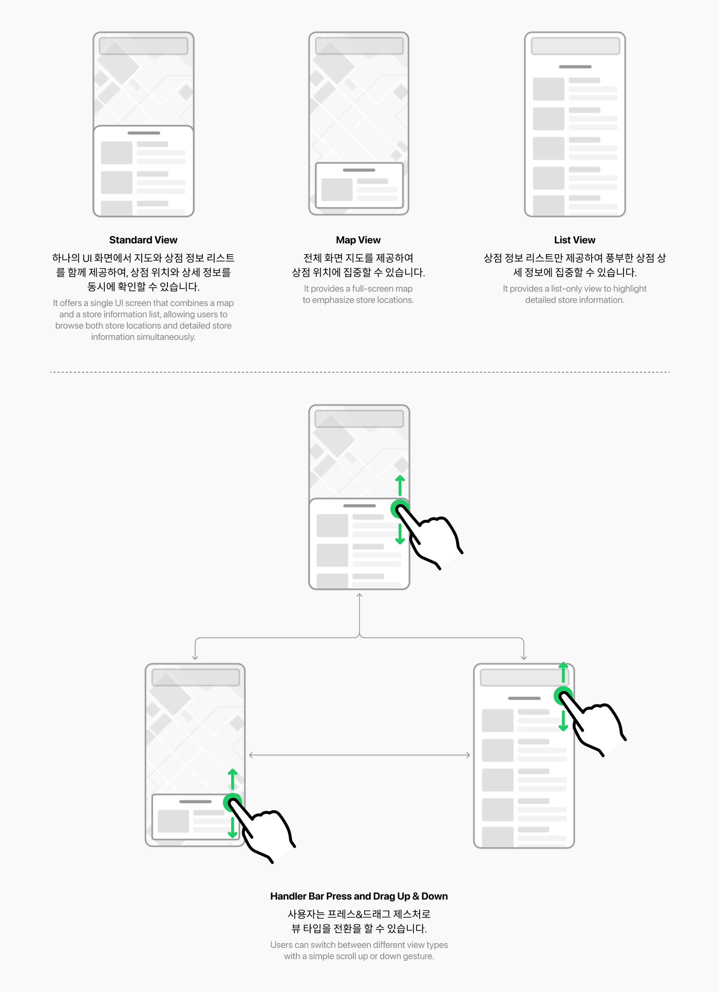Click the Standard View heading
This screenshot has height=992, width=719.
143,240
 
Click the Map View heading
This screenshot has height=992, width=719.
358,240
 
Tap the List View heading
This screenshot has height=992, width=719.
575,240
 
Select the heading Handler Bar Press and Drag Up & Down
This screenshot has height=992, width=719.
359,896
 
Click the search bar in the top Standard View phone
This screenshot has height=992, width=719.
143,46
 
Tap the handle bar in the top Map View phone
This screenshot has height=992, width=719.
359,170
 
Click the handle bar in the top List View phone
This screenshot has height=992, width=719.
575,67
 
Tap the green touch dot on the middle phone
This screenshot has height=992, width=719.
400,509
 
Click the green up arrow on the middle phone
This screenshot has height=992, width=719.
400,485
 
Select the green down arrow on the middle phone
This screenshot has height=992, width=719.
400,533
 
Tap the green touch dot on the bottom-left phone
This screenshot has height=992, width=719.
233,803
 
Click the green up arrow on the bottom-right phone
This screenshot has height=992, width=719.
563,672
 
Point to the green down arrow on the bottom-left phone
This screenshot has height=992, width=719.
233,827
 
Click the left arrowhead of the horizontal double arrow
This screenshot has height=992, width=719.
251,755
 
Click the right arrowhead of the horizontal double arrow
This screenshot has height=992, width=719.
468,755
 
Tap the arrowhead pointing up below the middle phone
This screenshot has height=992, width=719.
359,596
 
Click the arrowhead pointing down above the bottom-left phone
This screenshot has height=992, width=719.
195,657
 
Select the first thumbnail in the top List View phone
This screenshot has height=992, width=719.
548,89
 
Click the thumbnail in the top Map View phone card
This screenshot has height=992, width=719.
337,189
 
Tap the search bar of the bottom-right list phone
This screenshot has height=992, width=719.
524,677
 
